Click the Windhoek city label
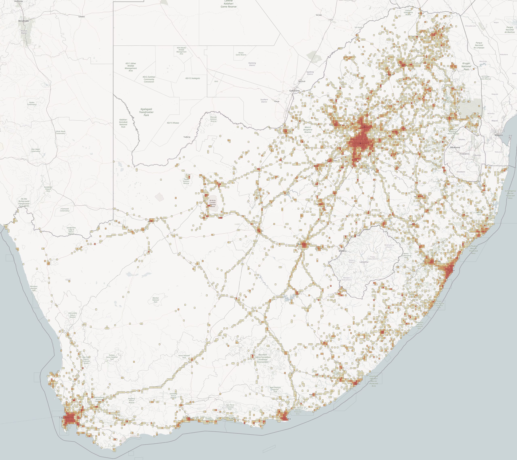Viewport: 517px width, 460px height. pyautogui.click(x=23, y=21)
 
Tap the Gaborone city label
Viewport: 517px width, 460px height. pyautogui.click(x=294, y=91)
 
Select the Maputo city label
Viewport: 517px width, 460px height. pyautogui.click(x=499, y=135)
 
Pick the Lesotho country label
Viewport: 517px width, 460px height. pyautogui.click(x=364, y=262)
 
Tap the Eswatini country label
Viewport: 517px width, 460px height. pyautogui.click(x=465, y=154)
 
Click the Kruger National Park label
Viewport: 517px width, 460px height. pyautogui.click(x=466, y=66)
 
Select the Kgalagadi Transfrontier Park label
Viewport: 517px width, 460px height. pyautogui.click(x=146, y=112)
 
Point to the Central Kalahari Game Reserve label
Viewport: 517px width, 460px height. pyautogui.click(x=228, y=4)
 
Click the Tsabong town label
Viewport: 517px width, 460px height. pyautogui.click(x=187, y=137)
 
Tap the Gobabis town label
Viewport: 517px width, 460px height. pyautogui.click(x=82, y=17)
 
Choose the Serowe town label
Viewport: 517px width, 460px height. pyautogui.click(x=319, y=15)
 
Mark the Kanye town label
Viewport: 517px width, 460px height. pyautogui.click(x=277, y=101)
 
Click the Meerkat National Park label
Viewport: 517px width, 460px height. pyautogui.click(x=156, y=300)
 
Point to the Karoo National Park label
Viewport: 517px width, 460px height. pyautogui.click(x=184, y=357)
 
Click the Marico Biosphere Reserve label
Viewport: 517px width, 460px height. pyautogui.click(x=308, y=130)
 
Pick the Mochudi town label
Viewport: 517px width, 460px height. pyautogui.click(x=302, y=81)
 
